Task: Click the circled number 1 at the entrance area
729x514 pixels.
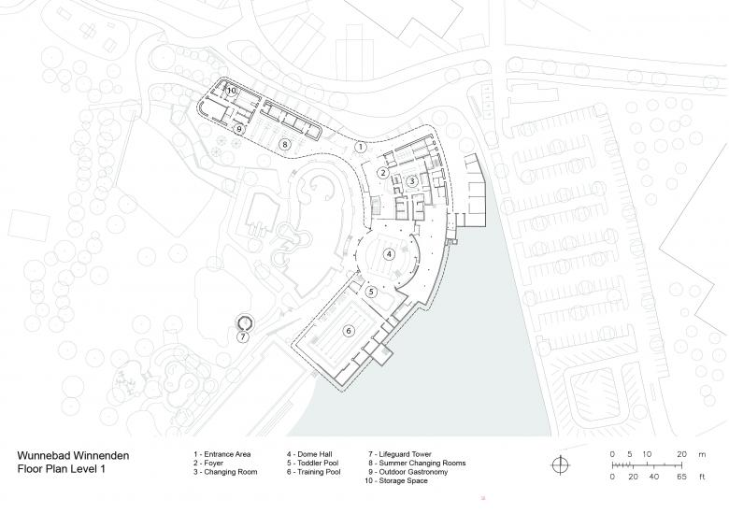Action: click(361, 147)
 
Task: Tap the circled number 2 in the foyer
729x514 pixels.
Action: click(383, 173)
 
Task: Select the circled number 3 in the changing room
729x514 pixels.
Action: click(411, 181)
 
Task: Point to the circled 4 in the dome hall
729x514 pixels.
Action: click(389, 254)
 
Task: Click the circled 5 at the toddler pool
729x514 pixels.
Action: click(371, 292)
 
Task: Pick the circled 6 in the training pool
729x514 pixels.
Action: click(349, 331)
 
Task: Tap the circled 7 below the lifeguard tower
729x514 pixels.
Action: click(243, 337)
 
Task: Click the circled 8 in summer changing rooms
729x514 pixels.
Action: click(284, 145)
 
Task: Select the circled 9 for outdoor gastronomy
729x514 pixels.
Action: click(239, 129)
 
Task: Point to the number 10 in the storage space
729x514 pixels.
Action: click(232, 90)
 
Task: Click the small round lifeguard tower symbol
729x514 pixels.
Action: click(244, 321)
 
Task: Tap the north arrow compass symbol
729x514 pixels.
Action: click(560, 464)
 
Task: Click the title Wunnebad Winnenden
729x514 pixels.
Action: click(73, 455)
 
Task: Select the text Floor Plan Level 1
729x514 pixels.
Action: click(62, 469)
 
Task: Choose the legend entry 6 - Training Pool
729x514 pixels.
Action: click(314, 472)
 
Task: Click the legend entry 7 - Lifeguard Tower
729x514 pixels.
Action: click(400, 454)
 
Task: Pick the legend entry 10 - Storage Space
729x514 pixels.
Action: click(396, 480)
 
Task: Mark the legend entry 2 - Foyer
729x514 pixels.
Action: click(208, 463)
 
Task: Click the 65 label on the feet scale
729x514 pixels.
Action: click(681, 477)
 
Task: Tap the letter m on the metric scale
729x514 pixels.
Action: click(702, 454)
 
